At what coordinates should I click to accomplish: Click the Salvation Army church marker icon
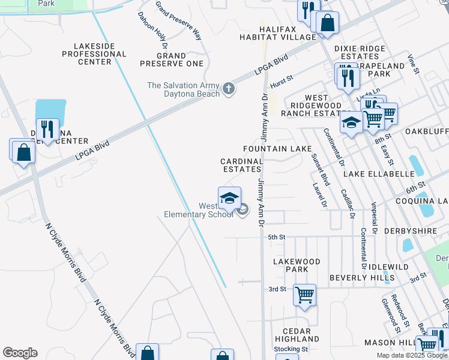click(x=228, y=89)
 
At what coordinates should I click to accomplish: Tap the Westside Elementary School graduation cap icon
click(x=229, y=198)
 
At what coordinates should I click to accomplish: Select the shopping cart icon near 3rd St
click(x=304, y=295)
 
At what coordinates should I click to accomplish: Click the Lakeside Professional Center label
click(x=95, y=53)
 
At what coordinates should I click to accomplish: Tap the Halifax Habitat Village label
click(x=288, y=33)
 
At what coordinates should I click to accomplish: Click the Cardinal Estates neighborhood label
click(x=242, y=165)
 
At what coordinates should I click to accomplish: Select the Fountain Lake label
click(x=277, y=148)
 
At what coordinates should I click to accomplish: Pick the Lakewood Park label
click(x=297, y=265)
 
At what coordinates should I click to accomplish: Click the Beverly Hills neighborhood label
click(x=362, y=278)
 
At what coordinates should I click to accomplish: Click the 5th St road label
click(x=276, y=237)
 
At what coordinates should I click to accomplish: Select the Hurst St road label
click(x=281, y=78)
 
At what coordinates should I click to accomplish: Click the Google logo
click(x=20, y=353)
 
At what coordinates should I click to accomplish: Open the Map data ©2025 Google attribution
click(x=412, y=355)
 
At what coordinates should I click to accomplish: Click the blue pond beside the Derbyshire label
click(x=408, y=245)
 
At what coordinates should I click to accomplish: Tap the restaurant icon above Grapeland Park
click(x=347, y=77)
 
